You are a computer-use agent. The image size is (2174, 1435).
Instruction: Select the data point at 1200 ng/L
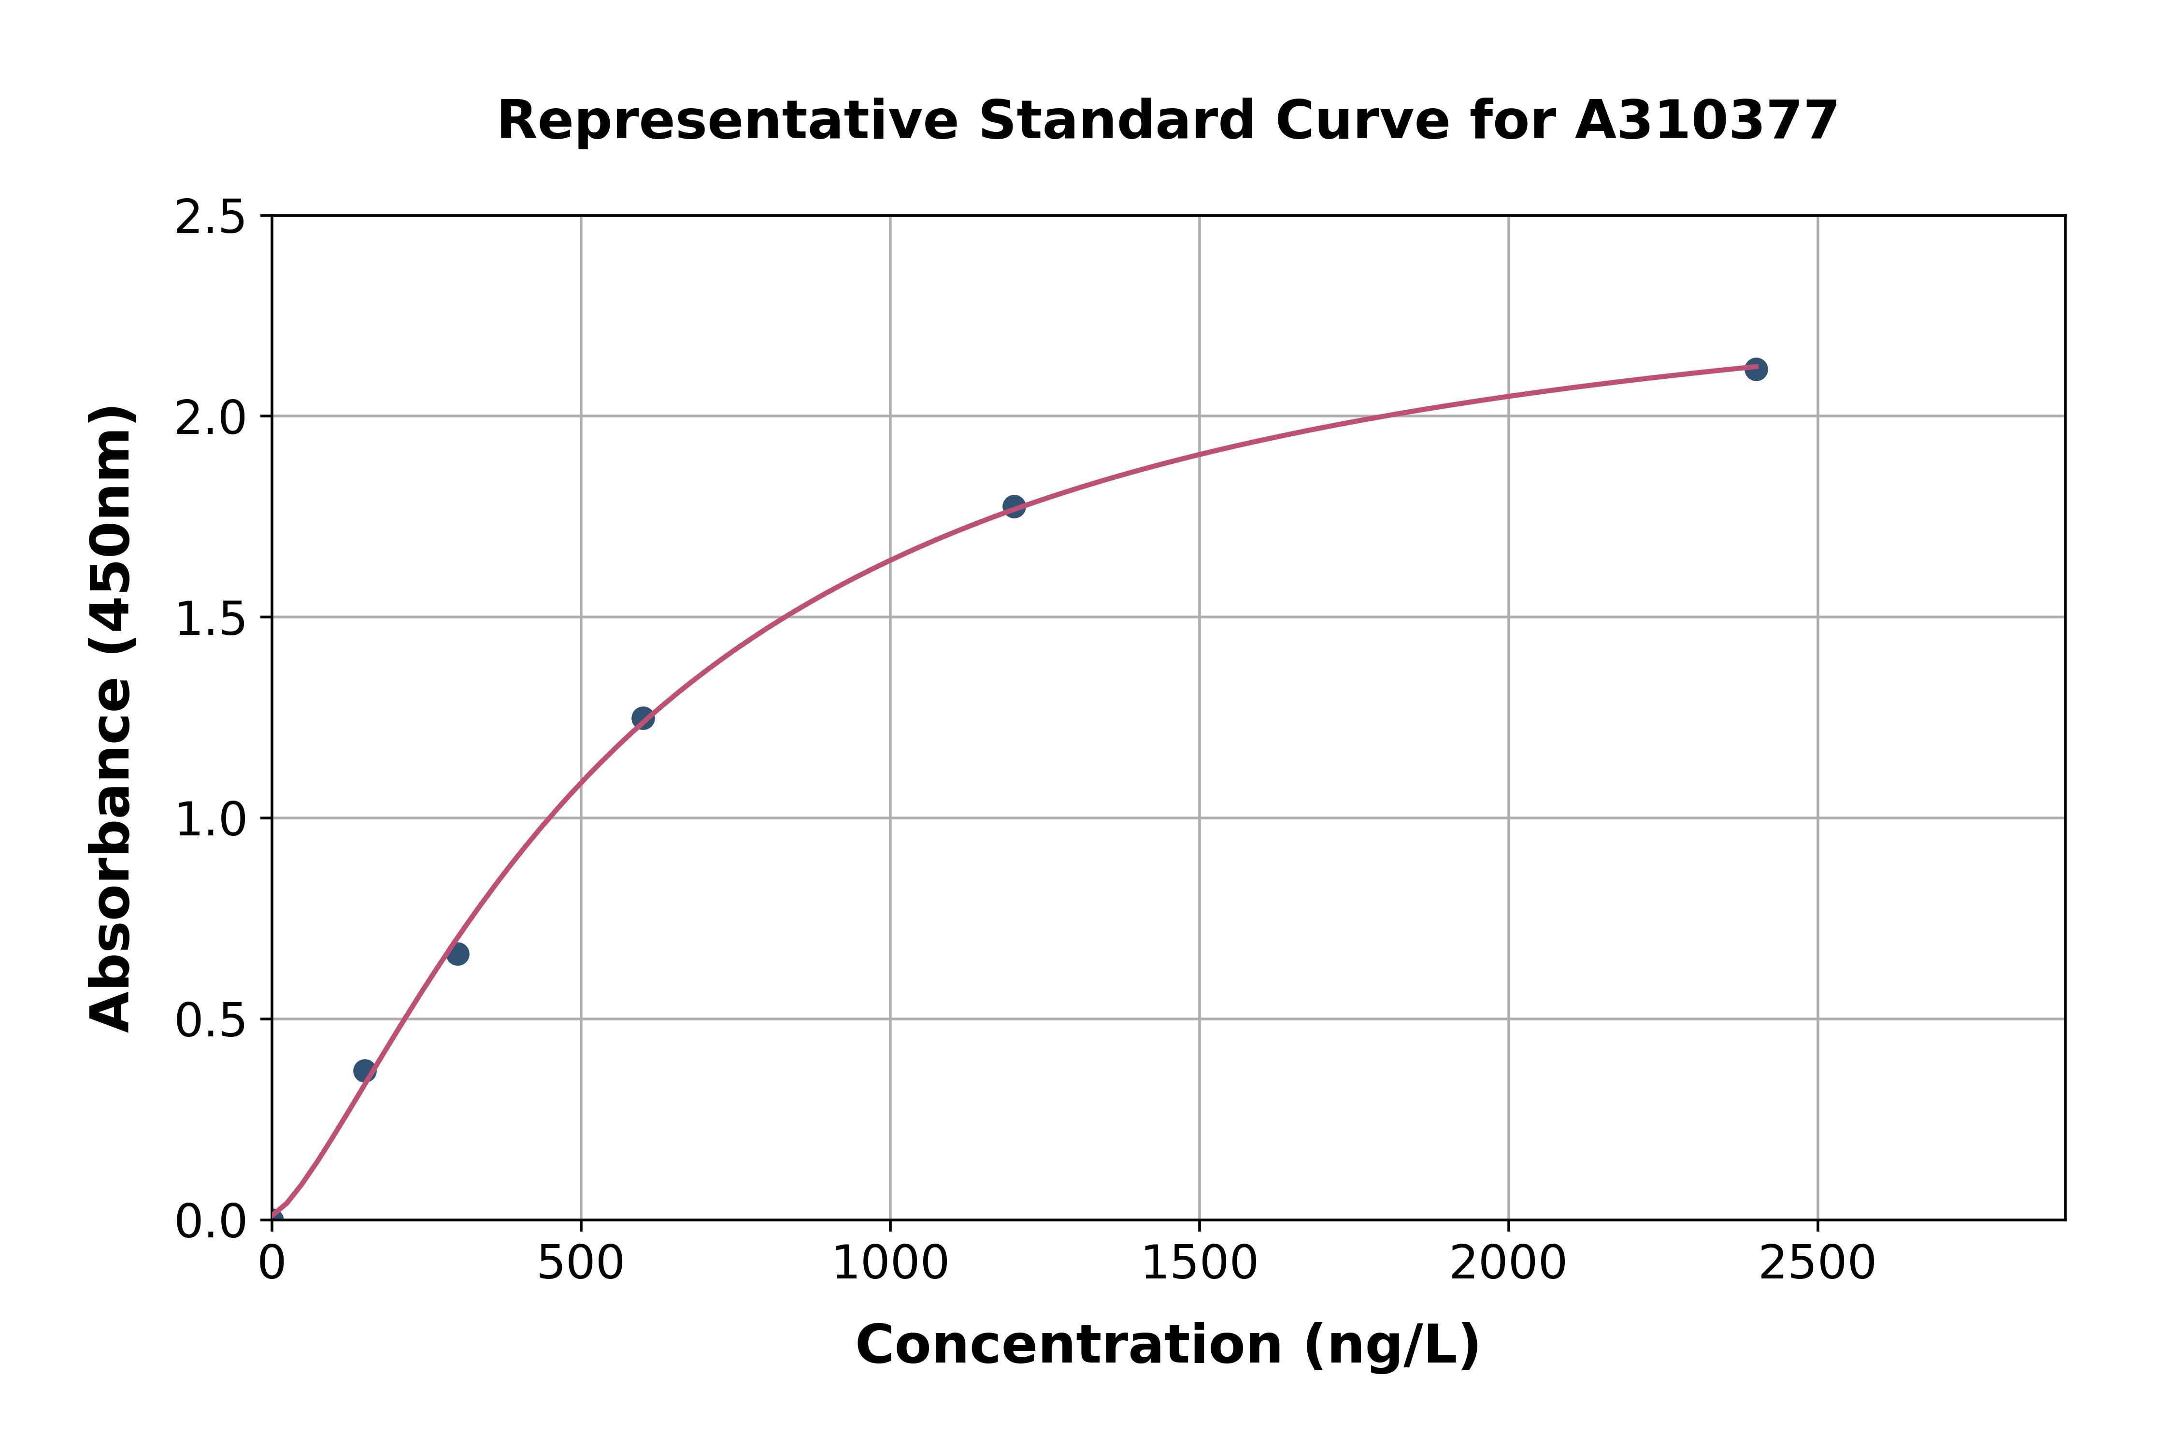pos(1014,506)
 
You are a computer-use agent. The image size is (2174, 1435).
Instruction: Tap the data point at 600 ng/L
pos(643,717)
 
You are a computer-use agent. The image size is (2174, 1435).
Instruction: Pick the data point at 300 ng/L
pos(458,954)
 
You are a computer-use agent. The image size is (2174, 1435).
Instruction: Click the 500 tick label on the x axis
pos(580,1264)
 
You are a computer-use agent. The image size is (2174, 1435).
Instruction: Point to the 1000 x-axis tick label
pos(889,1264)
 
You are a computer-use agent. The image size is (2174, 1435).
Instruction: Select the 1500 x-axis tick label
pos(1199,1264)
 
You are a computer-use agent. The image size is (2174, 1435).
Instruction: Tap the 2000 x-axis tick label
pos(1508,1264)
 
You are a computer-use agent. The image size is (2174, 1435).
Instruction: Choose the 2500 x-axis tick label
pos(1817,1264)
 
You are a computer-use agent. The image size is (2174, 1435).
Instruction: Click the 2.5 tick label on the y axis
pos(211,218)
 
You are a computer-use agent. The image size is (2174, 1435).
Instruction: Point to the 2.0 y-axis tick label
pos(211,418)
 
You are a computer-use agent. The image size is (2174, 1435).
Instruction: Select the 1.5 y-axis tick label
pos(211,618)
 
